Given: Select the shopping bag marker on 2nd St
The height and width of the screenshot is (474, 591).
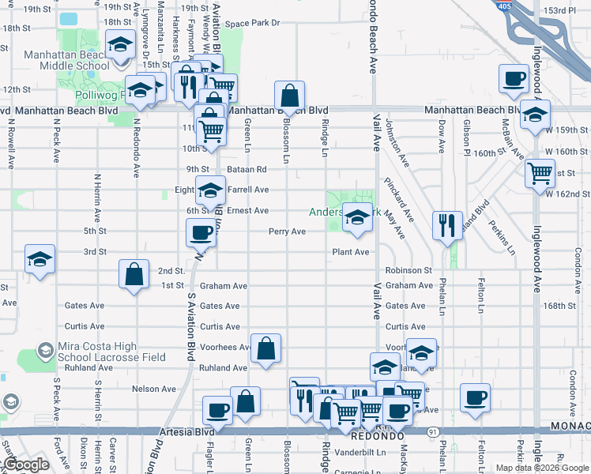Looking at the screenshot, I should point(134,275).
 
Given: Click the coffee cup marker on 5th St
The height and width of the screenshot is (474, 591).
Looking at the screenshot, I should point(201,233).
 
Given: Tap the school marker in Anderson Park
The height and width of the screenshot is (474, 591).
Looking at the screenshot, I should point(357,217).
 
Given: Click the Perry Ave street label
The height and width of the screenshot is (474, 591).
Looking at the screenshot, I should point(287,231).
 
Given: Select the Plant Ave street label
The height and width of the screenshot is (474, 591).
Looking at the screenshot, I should point(350,252).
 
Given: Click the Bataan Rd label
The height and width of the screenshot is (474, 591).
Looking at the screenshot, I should point(248,169).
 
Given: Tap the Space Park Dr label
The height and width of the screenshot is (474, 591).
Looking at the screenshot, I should point(252,23).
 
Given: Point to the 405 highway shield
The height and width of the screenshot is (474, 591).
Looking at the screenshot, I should point(504,6).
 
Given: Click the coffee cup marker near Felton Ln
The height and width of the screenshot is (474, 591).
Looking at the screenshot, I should point(475,397).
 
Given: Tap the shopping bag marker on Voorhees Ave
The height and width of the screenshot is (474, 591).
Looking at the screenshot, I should point(266,347).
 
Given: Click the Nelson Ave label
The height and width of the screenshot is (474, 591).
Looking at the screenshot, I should point(153,389).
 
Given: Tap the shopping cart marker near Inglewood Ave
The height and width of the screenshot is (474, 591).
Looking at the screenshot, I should point(540,172).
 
